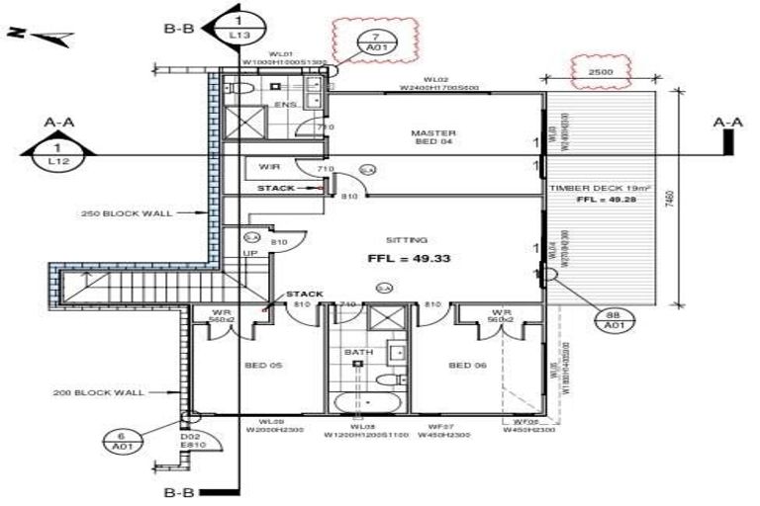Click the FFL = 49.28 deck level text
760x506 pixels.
coord(606,200)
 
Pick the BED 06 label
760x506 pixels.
coord(466,366)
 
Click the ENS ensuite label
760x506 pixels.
coord(285,104)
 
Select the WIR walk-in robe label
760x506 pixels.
coord(269,166)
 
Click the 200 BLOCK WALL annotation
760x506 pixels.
coord(98,393)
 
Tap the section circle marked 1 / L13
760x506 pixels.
coord(238,27)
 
